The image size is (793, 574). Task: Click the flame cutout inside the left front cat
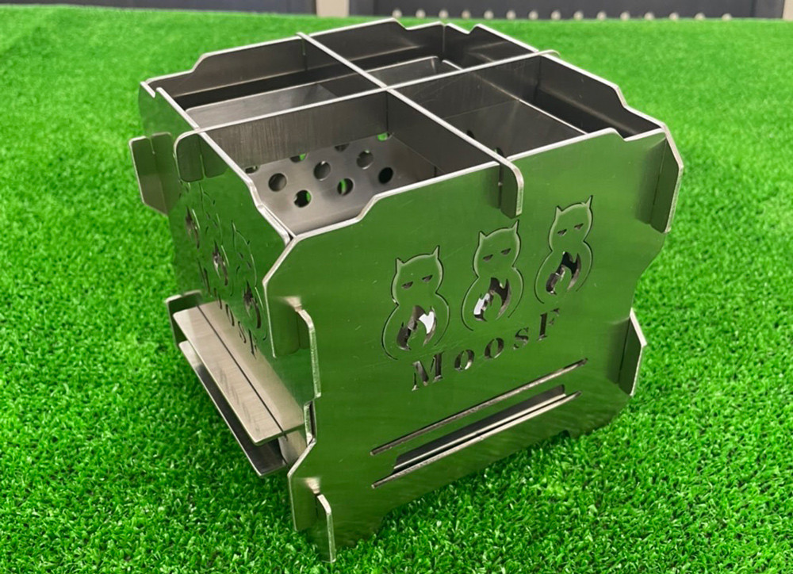pos(416,328)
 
